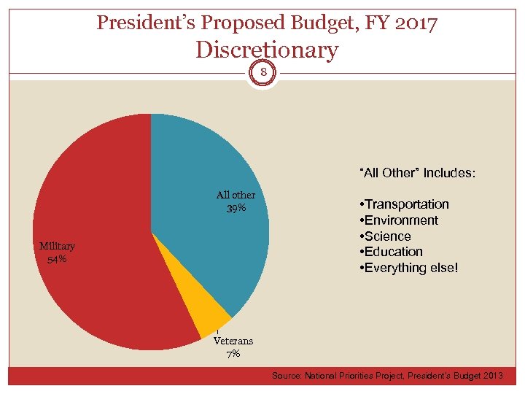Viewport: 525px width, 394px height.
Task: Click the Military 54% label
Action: click(57, 252)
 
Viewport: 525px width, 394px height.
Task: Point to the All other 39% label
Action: click(236, 201)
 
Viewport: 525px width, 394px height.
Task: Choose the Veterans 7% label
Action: click(233, 347)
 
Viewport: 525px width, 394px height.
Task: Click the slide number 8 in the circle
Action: click(262, 72)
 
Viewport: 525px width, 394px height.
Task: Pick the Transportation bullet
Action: click(404, 204)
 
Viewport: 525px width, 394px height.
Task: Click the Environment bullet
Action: click(399, 220)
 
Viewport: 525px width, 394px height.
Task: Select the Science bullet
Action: click(386, 236)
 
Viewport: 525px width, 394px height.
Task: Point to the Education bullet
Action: click(392, 252)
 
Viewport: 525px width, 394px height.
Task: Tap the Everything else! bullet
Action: click(409, 268)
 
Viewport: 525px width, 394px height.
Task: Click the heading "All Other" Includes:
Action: click(417, 173)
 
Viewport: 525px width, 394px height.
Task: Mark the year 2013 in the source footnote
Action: click(491, 375)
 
